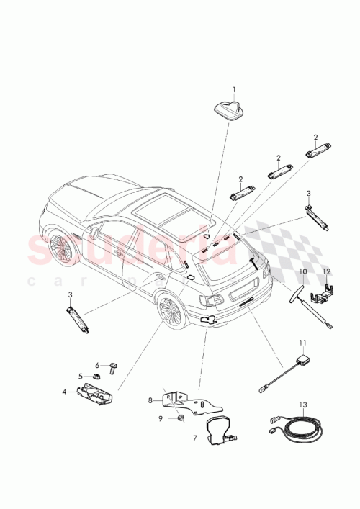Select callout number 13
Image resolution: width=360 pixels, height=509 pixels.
coord(303,405)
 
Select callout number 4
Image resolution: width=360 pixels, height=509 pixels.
coord(64,392)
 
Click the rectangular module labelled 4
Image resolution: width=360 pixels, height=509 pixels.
coord(94,394)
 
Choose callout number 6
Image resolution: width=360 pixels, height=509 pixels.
coord(97,365)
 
